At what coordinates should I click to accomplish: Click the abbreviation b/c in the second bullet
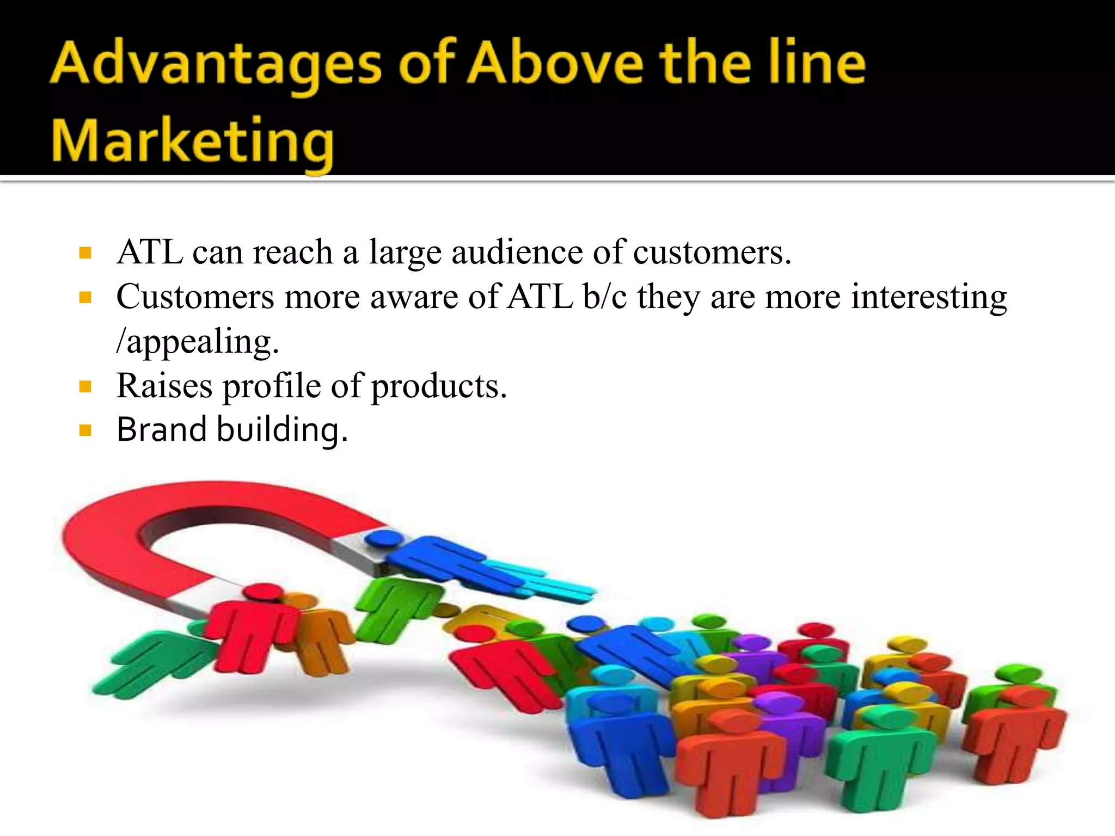604,298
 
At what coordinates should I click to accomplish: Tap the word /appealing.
198,342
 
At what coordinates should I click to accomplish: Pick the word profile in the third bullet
272,386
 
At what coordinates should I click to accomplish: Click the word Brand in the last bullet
161,430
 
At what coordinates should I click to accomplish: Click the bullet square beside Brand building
85,431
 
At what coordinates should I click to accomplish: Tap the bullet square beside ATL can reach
85,253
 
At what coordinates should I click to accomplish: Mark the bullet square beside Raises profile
85,387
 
